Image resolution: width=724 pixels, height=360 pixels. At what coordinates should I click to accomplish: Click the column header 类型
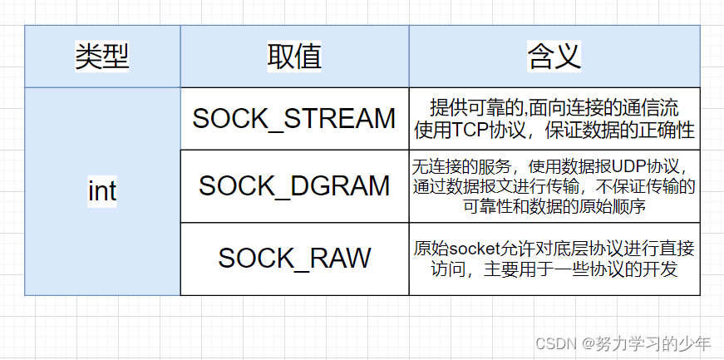[102, 57]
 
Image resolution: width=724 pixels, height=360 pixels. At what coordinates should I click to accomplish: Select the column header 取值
[294, 57]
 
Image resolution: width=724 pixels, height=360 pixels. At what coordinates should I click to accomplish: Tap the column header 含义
[554, 57]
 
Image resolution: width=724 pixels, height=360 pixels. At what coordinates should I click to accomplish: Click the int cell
[102, 191]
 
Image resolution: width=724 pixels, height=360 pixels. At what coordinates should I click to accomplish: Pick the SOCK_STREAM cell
[294, 119]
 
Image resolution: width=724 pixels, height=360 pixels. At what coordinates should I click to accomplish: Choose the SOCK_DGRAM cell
[294, 186]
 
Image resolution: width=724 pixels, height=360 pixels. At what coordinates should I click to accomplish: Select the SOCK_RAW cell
[294, 258]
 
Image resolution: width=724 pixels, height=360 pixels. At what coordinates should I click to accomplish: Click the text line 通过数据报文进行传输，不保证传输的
[554, 186]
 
